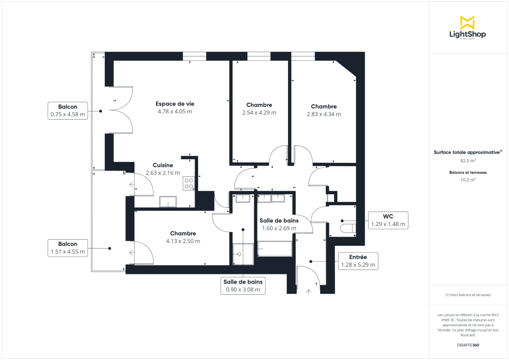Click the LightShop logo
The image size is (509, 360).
(467, 28)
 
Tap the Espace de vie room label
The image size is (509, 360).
(175, 104)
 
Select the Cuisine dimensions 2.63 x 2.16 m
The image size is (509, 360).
(162, 173)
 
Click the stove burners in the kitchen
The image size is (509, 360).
(189, 183)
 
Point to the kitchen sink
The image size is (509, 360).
(168, 202)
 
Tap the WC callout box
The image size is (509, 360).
(388, 220)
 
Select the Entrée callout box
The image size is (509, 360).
(358, 261)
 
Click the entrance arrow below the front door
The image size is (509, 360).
(308, 291)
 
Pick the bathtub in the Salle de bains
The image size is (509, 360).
(275, 249)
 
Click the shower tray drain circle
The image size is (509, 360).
(240, 254)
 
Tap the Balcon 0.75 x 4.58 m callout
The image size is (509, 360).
(67, 111)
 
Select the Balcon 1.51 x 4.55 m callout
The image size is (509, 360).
(67, 248)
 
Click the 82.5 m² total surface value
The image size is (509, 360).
(468, 161)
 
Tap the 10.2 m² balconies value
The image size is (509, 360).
(468, 180)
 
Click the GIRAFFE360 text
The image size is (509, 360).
(468, 345)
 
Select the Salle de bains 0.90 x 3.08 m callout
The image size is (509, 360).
(243, 286)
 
